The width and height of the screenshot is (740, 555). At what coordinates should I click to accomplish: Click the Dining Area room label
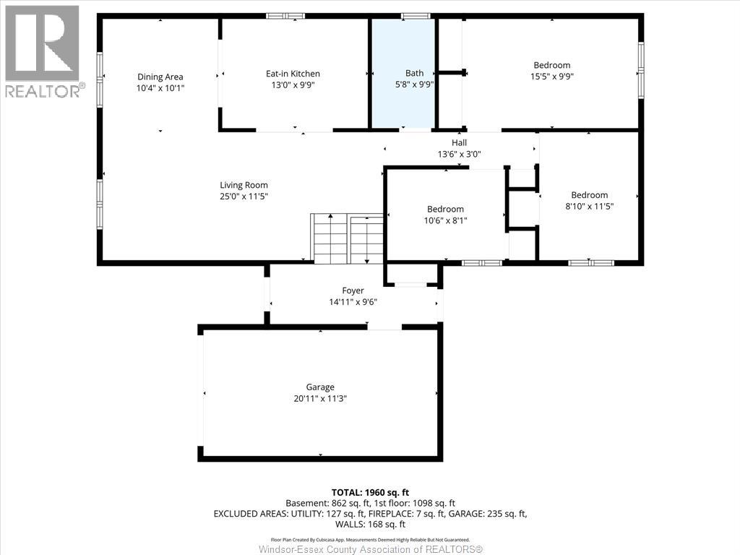(160, 77)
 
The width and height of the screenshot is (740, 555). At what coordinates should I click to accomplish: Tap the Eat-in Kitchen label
(293, 74)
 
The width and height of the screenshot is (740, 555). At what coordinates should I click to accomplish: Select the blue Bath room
(403, 73)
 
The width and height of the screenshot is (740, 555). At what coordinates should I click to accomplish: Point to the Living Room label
(244, 186)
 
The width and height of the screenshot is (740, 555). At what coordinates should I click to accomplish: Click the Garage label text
(320, 387)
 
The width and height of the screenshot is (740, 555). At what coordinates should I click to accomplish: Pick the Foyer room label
(353, 291)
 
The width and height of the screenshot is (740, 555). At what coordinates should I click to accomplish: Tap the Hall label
(459, 142)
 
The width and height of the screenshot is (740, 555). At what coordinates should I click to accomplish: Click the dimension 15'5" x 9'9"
(551, 77)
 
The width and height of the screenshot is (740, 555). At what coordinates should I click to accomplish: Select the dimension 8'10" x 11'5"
(590, 206)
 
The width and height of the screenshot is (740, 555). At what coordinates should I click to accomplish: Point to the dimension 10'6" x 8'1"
(445, 220)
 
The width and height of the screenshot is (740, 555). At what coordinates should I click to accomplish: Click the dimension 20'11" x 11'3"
(320, 399)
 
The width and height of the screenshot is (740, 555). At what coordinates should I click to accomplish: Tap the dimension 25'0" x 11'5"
(244, 197)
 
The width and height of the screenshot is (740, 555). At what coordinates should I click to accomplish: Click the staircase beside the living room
(347, 238)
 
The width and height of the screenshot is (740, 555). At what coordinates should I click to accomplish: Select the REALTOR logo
(43, 51)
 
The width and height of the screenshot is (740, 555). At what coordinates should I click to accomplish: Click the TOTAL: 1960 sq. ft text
(370, 493)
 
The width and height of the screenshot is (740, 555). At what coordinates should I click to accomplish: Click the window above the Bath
(416, 16)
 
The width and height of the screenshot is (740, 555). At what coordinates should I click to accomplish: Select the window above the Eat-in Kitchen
(285, 16)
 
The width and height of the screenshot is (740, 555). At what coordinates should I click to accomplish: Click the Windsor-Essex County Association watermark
(371, 549)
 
